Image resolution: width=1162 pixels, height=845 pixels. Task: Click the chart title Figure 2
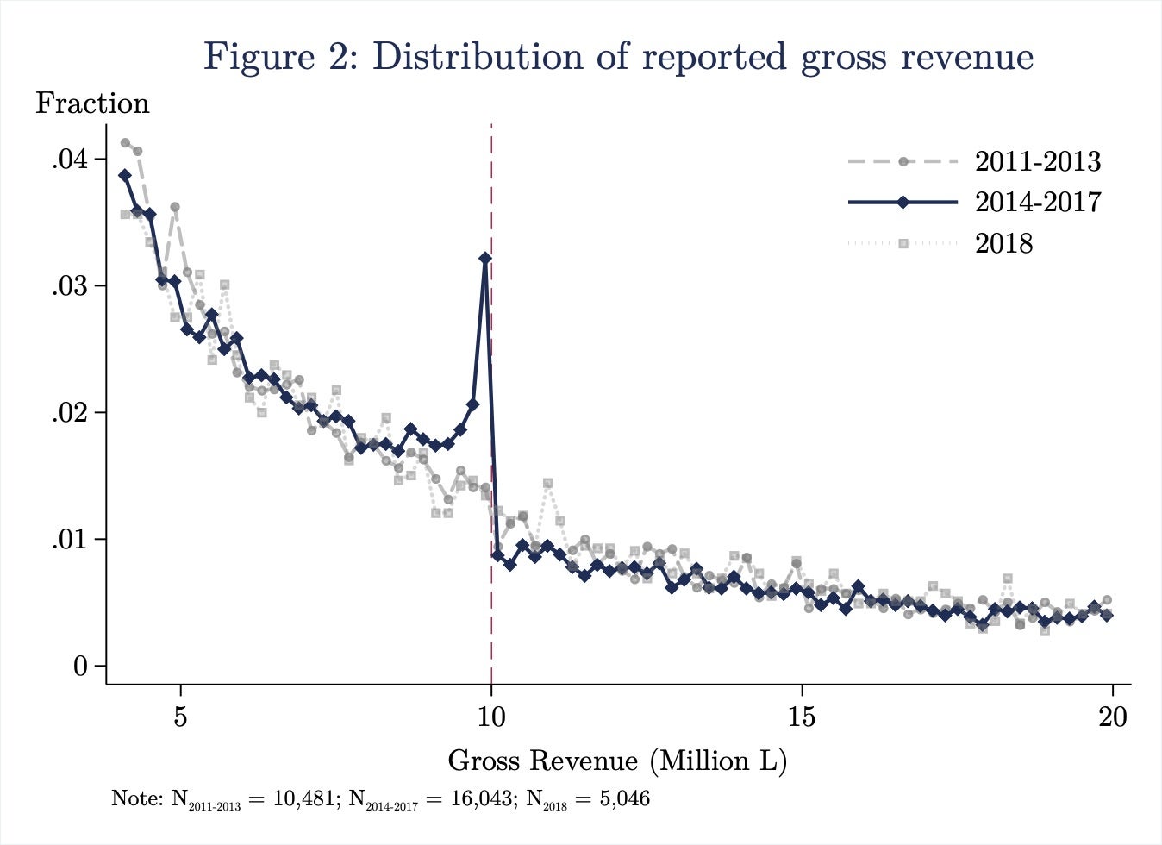[x=618, y=57]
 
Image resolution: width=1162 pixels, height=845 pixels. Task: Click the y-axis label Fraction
[x=92, y=103]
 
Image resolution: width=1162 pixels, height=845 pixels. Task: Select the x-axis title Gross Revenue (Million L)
[x=617, y=760]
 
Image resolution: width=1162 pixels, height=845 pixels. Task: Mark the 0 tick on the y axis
[x=80, y=667]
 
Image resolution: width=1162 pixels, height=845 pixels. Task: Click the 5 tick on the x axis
[x=180, y=717]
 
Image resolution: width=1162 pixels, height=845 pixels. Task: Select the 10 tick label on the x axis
[x=491, y=717]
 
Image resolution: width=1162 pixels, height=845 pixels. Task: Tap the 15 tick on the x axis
[x=803, y=717]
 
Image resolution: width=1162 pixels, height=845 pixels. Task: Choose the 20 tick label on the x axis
[x=1113, y=717]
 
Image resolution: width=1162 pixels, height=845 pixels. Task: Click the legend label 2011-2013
[x=1038, y=161]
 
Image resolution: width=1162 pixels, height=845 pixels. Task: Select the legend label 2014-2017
[x=1038, y=202]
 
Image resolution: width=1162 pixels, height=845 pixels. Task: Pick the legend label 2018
[x=1003, y=243]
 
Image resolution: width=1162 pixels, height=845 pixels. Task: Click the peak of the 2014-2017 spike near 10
[x=485, y=258]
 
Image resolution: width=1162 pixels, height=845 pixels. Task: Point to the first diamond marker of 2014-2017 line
[x=125, y=175]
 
